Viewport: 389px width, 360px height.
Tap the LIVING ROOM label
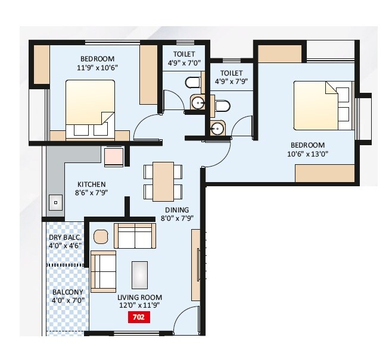(x=140, y=298)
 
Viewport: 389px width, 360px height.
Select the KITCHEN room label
(x=91, y=184)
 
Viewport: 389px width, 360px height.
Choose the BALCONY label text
(x=67, y=292)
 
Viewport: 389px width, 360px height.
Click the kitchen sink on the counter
(x=55, y=202)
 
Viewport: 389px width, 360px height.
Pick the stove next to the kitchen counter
(x=114, y=156)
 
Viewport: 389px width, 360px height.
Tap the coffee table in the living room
(x=140, y=275)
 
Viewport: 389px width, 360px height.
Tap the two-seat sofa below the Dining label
(x=135, y=236)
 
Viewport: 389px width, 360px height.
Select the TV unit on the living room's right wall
(x=195, y=265)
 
